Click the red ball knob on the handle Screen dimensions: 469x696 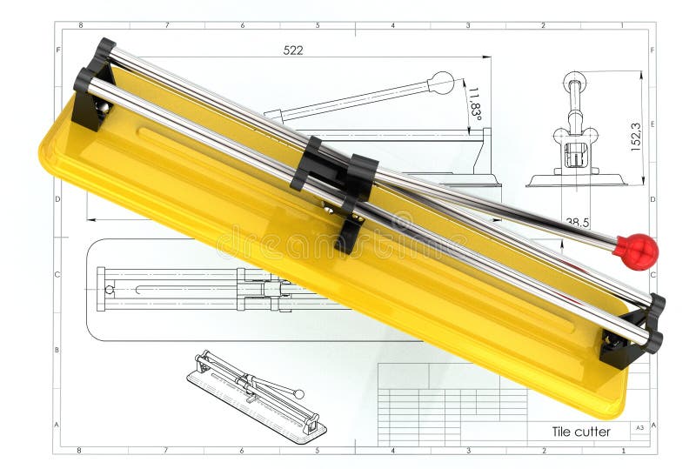(636, 251)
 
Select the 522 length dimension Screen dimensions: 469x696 (293, 50)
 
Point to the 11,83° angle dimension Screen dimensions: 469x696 (474, 103)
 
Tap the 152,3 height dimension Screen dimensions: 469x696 (636, 137)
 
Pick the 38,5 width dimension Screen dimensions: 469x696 (576, 223)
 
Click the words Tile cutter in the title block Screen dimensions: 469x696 (581, 432)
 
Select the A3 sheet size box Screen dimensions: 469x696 (639, 427)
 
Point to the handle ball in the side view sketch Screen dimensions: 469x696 (442, 83)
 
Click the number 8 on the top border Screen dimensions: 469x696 (79, 25)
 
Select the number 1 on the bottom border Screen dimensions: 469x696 (624, 451)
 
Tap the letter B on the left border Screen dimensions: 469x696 (57, 350)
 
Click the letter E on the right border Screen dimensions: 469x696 (652, 124)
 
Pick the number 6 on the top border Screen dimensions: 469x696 (242, 25)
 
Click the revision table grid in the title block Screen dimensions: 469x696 (452, 405)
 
